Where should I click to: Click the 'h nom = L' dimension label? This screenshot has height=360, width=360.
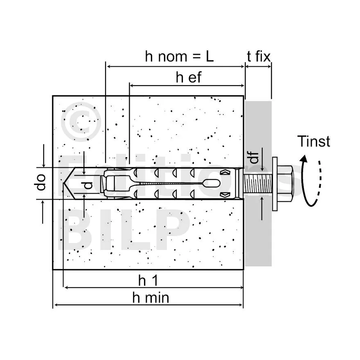179,56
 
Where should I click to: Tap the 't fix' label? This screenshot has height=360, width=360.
259,56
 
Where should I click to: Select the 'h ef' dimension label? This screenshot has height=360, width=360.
189,77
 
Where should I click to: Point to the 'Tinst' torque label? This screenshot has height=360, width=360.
313,142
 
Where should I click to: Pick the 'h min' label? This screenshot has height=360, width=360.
150,298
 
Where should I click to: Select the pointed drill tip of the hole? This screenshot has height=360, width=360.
68,183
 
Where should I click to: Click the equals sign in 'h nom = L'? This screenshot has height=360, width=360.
191,57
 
